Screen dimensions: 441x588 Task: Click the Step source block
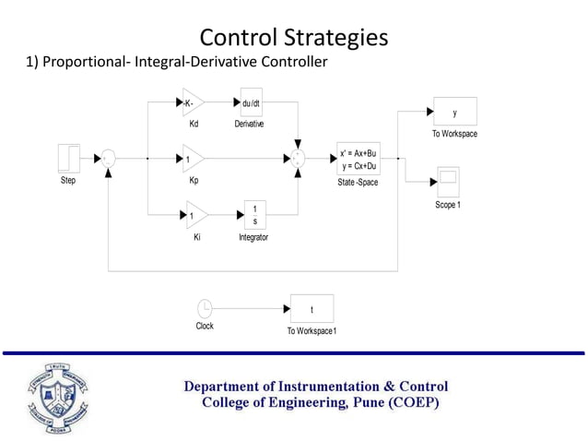click(69, 158)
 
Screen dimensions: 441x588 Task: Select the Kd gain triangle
click(192, 102)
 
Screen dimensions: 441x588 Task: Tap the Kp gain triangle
click(192, 159)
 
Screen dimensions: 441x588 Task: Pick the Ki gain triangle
click(195, 215)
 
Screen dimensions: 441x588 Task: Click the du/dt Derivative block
click(251, 102)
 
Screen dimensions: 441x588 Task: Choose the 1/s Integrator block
click(254, 215)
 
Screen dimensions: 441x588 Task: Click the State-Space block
click(358, 159)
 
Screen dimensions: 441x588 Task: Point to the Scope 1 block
click(447, 180)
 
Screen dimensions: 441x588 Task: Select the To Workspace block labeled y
click(454, 113)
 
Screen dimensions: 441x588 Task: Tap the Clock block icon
click(205, 308)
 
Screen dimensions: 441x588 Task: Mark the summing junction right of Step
click(109, 159)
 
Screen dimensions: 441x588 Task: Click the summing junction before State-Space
click(298, 159)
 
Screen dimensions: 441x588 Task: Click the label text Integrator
click(253, 237)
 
